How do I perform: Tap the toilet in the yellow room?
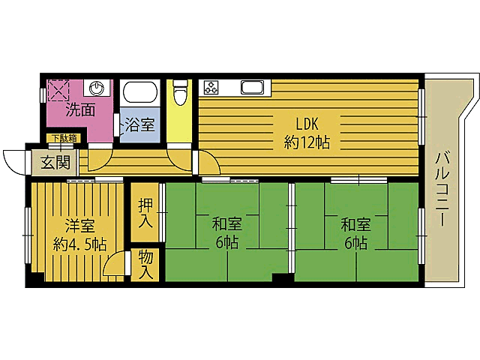(179, 94)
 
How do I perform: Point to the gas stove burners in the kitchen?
(211, 87)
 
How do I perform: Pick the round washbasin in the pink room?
(99, 87)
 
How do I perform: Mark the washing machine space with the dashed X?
(58, 90)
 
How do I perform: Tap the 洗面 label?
(79, 110)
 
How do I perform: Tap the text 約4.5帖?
(79, 244)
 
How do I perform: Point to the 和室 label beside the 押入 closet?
(226, 224)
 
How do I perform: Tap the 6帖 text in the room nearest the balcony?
(355, 243)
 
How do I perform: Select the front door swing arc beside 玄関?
(15, 160)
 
